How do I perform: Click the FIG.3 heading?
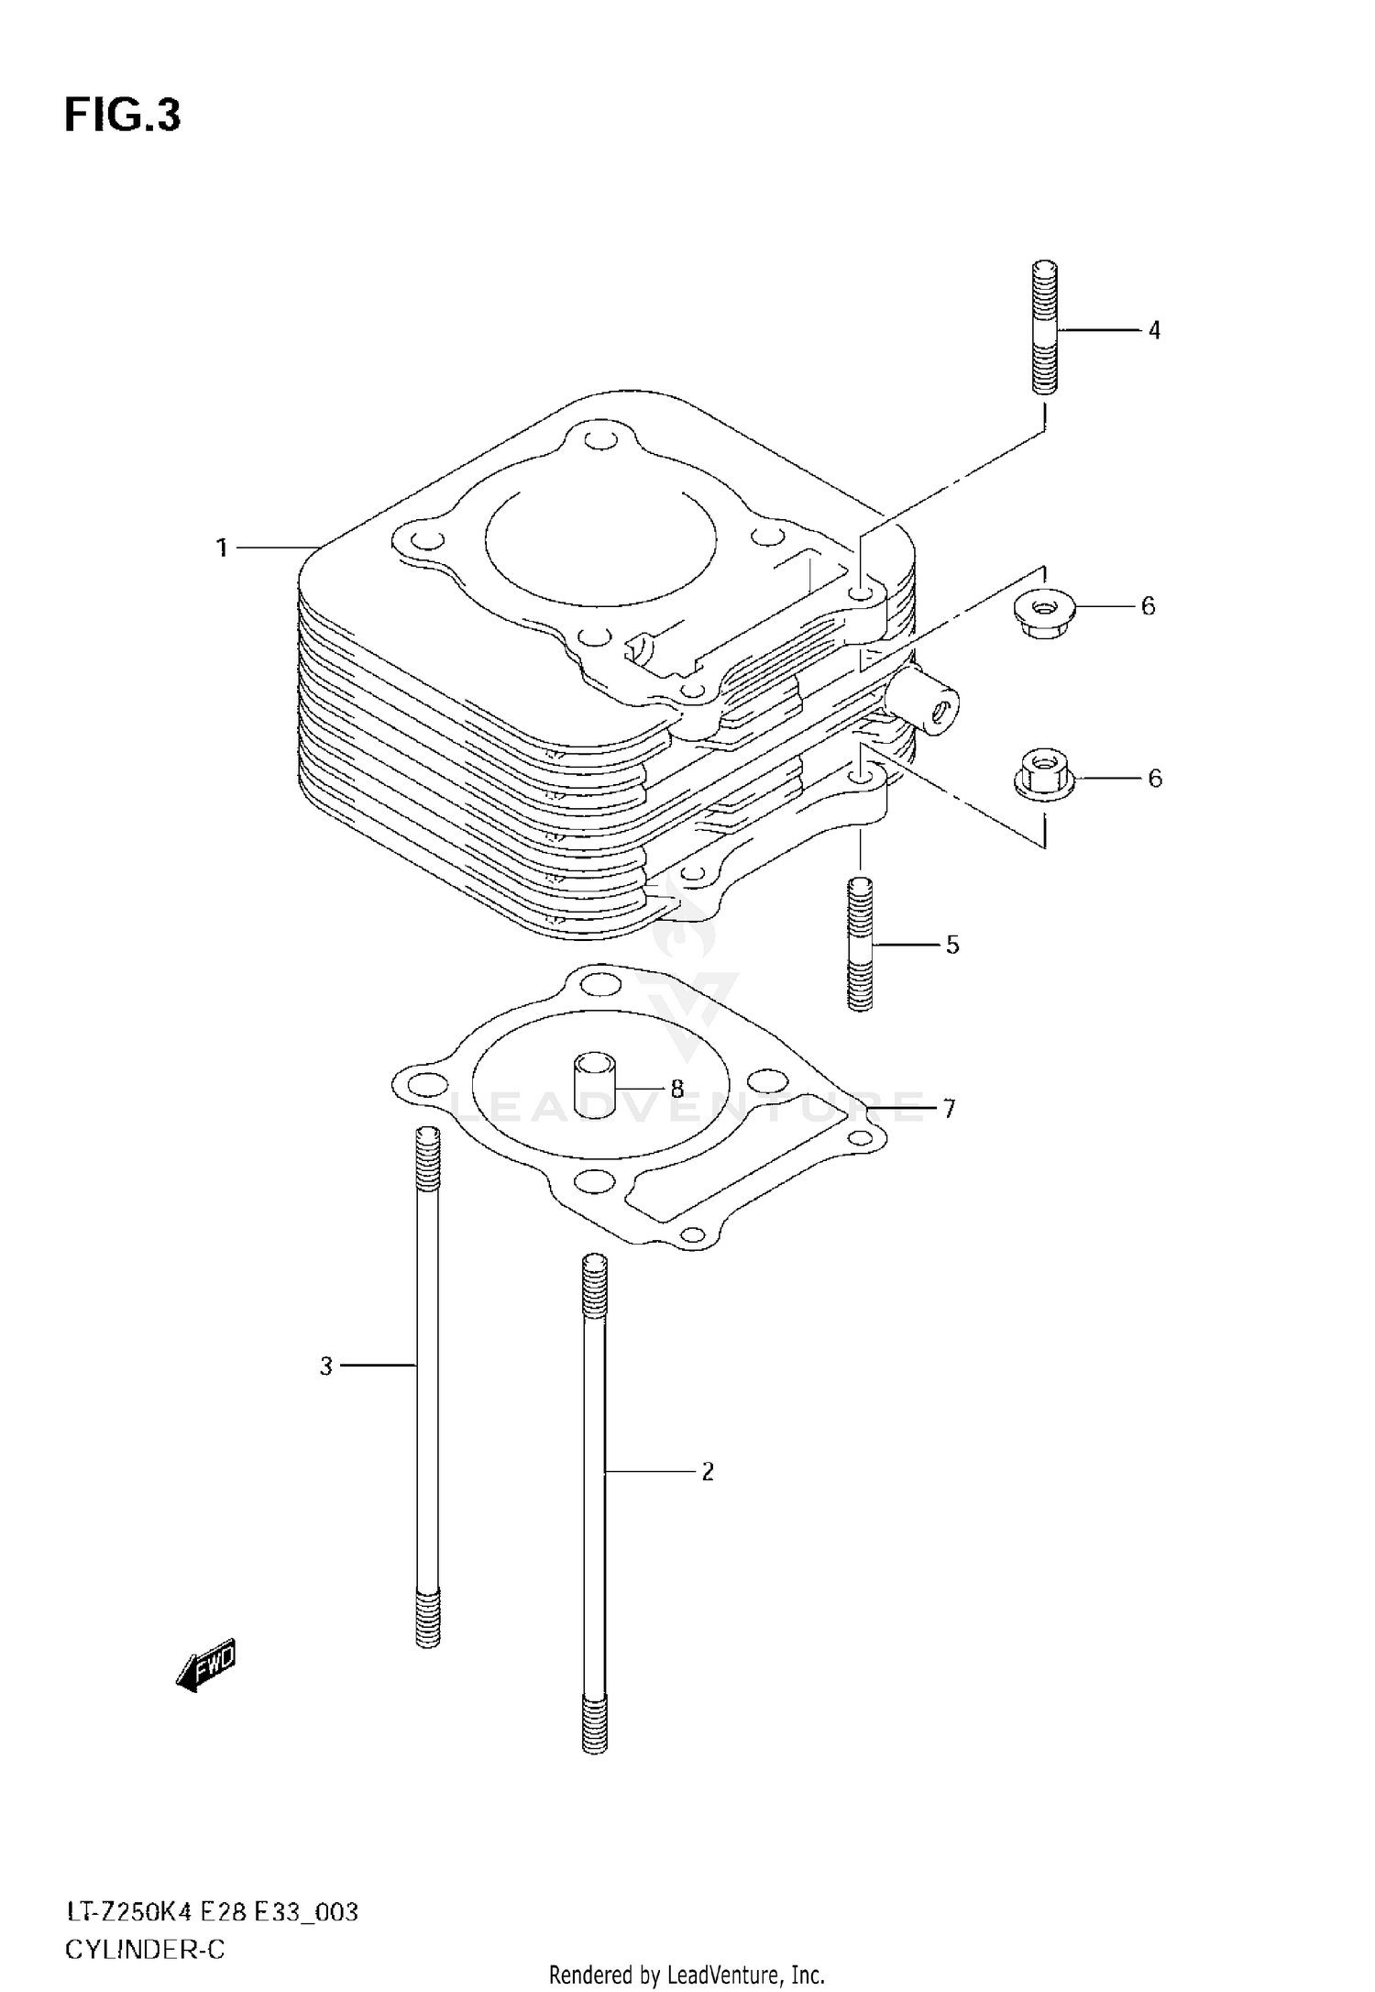click(x=123, y=116)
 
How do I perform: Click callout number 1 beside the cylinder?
click(x=221, y=548)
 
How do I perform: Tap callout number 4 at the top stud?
click(x=1154, y=330)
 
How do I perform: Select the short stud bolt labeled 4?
click(x=1045, y=327)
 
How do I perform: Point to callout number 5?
click(x=952, y=945)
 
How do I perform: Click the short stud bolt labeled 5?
click(x=860, y=945)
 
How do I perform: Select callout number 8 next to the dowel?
click(x=676, y=1090)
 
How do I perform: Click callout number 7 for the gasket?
click(x=949, y=1110)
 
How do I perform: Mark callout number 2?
click(x=707, y=1472)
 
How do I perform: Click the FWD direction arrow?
click(x=206, y=1664)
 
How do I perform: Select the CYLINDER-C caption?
click(x=144, y=1949)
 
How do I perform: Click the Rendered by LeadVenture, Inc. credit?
click(x=687, y=1975)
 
